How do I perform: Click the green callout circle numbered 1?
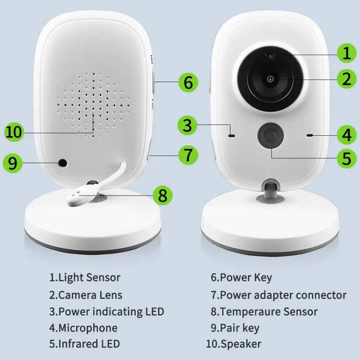346,53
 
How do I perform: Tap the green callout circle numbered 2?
346,79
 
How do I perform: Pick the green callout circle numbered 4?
346,135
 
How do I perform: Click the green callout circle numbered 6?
188,82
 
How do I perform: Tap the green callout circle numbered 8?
163,196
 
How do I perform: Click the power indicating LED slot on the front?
231,136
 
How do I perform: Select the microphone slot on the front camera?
309,135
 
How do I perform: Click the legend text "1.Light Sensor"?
85,278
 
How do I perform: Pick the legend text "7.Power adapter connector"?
278,295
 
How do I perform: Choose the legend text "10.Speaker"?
233,344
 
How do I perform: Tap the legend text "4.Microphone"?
83,328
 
